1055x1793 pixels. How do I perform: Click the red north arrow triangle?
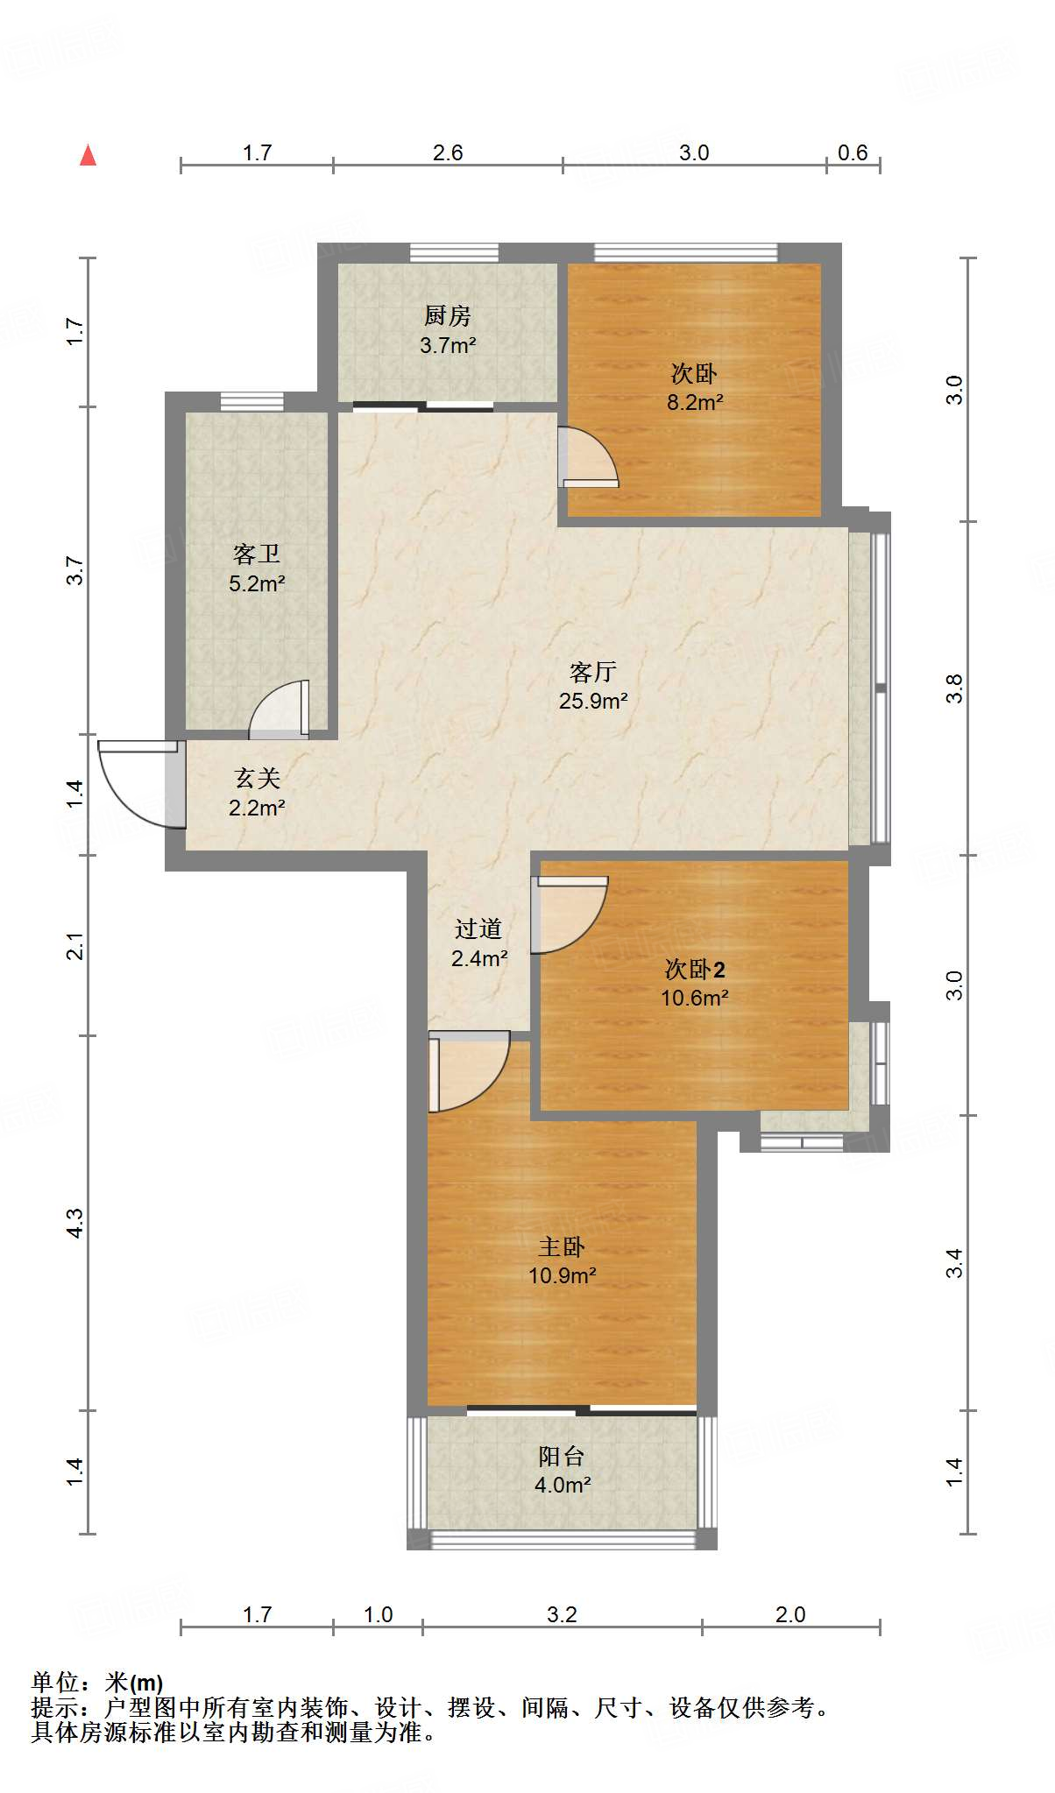(x=88, y=155)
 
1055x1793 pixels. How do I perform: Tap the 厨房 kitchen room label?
(x=447, y=315)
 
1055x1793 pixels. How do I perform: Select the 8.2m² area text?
(x=695, y=402)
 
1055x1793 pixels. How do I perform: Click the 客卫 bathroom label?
(x=257, y=554)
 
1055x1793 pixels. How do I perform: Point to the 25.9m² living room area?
(x=593, y=701)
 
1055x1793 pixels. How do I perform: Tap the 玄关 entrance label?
(x=257, y=778)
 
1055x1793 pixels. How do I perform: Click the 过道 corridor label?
(x=478, y=928)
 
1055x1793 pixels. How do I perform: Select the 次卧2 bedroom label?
(x=695, y=969)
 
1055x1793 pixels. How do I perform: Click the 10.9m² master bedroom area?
(x=562, y=1275)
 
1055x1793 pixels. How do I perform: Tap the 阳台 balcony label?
(x=562, y=1456)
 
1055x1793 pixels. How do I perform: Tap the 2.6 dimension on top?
(x=448, y=152)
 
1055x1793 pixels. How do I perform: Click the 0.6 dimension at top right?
(x=853, y=152)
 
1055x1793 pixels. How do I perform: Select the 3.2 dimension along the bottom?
(x=562, y=1614)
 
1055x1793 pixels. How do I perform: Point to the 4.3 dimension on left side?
(x=74, y=1223)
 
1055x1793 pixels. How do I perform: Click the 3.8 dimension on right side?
(x=954, y=688)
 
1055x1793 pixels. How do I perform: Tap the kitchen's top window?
(x=454, y=253)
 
